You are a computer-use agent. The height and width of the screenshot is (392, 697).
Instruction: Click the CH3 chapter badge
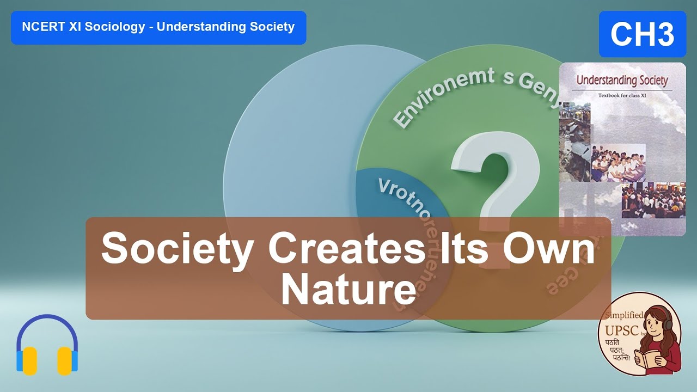pyautogui.click(x=642, y=34)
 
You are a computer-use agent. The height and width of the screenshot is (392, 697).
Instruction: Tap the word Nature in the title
pyautogui.click(x=348, y=291)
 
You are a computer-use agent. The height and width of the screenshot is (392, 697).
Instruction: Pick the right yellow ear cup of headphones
pyautogui.click(x=65, y=360)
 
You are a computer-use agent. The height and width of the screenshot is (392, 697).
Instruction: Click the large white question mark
pyautogui.click(x=493, y=180)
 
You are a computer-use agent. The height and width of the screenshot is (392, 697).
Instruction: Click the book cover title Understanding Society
pyautogui.click(x=622, y=80)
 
